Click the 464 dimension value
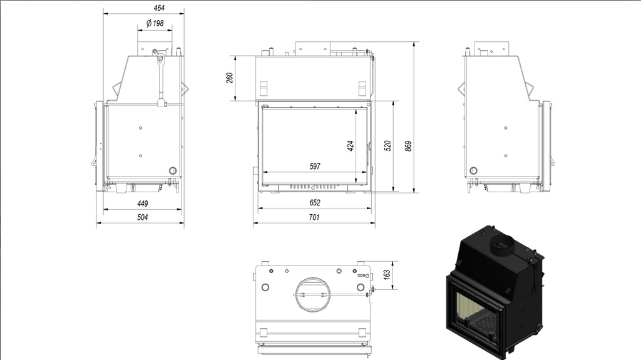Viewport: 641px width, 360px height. click(x=159, y=8)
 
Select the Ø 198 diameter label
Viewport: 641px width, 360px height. click(x=155, y=23)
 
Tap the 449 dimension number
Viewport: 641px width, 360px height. click(x=142, y=203)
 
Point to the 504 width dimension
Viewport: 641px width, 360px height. click(x=142, y=217)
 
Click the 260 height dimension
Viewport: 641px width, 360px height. click(x=230, y=78)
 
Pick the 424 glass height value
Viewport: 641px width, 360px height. click(x=351, y=146)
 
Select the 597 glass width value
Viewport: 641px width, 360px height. click(x=315, y=166)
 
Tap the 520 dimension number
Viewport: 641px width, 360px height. click(x=387, y=146)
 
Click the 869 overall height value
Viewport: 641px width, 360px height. click(x=408, y=147)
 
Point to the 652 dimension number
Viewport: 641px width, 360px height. click(x=315, y=202)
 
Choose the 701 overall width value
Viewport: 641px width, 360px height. click(x=314, y=217)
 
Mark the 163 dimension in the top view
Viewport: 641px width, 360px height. click(x=387, y=274)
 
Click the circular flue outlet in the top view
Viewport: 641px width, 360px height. click(x=312, y=294)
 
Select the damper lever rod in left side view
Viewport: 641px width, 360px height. click(x=161, y=80)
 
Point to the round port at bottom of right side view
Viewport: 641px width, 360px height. click(x=473, y=170)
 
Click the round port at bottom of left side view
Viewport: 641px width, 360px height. click(x=173, y=170)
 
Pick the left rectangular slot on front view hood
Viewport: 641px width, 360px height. click(x=264, y=88)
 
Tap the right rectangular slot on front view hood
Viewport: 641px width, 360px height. click(x=362, y=88)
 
